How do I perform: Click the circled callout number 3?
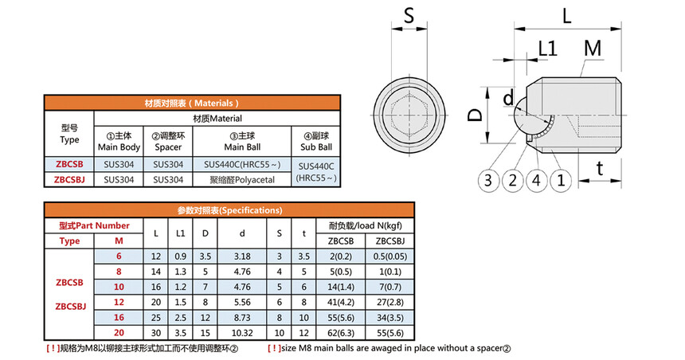pyautogui.click(x=488, y=180)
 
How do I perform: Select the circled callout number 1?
pyautogui.click(x=561, y=180)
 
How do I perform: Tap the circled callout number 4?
pyautogui.click(x=537, y=180)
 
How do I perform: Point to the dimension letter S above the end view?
pyautogui.click(x=409, y=16)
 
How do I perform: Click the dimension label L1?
pyautogui.click(x=547, y=49)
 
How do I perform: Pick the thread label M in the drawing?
pyautogui.click(x=593, y=48)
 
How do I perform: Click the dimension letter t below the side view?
pyautogui.click(x=600, y=168)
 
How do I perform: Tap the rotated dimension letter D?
pyautogui.click(x=475, y=115)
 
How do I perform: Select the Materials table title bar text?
pyautogui.click(x=192, y=103)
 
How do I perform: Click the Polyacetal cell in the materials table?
pyautogui.click(x=242, y=179)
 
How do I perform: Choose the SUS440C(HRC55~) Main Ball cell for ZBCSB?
pyautogui.click(x=242, y=164)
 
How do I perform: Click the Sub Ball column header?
pyautogui.click(x=316, y=141)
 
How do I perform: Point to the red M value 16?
pyautogui.click(x=119, y=317)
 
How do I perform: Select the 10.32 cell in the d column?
pyautogui.click(x=242, y=332)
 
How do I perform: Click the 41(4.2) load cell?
pyautogui.click(x=341, y=302)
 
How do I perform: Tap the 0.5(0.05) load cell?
pyautogui.click(x=390, y=256)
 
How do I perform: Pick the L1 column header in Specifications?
pyautogui.click(x=181, y=233)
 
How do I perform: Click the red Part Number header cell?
pyautogui.click(x=94, y=225)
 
